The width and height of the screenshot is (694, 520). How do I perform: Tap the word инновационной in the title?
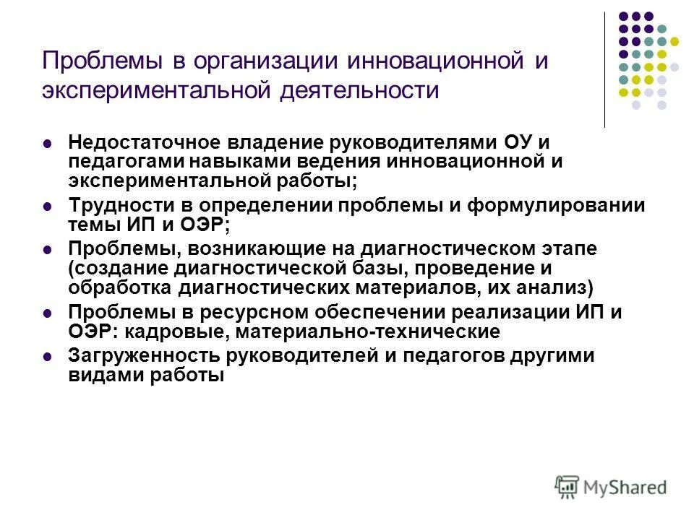[x=429, y=61]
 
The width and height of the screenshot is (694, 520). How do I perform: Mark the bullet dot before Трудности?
[x=48, y=206]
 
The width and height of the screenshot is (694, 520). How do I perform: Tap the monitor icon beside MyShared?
[x=567, y=486]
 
